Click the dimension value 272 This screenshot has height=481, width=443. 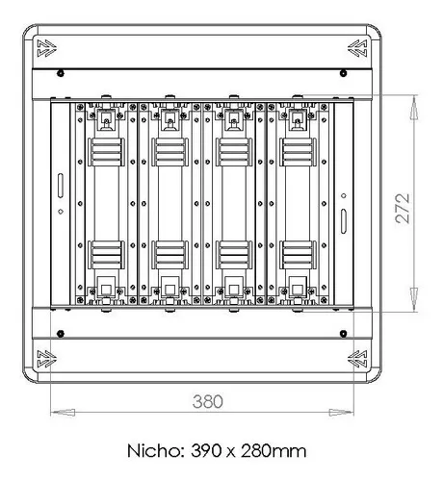coord(403,206)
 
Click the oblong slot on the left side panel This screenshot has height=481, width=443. coord(59,183)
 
